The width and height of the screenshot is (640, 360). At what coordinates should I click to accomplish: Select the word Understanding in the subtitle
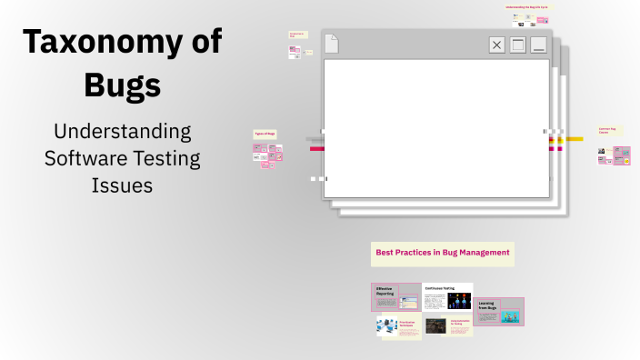122,130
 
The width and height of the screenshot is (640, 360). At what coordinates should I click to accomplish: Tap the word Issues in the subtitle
122,185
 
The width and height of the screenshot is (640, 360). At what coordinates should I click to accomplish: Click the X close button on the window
496,45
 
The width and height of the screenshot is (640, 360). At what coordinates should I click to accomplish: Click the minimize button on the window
539,45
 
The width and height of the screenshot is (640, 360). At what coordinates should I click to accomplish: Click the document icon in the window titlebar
332,43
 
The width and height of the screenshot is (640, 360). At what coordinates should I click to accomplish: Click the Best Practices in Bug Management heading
442,252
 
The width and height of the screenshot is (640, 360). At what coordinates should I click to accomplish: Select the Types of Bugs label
265,134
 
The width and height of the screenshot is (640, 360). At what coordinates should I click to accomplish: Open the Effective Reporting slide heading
385,292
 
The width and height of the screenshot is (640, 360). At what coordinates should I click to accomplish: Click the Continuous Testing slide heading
439,288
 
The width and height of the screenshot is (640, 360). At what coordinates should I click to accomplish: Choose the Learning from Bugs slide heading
486,305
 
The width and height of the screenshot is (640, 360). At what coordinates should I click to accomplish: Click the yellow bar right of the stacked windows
575,139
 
